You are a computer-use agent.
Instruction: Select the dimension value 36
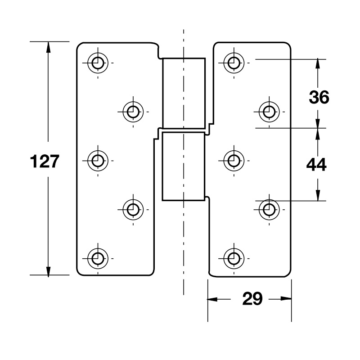(319, 97)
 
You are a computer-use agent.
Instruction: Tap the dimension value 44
(316, 165)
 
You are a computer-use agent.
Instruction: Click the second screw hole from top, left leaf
(133, 111)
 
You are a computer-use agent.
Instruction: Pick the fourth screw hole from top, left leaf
(133, 209)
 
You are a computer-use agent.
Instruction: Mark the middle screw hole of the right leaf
(233, 160)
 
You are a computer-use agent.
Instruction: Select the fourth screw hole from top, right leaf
(269, 209)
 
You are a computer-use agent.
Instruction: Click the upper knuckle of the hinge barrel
(184, 92)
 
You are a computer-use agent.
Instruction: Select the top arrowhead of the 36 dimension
(318, 63)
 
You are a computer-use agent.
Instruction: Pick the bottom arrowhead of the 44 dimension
(318, 195)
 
